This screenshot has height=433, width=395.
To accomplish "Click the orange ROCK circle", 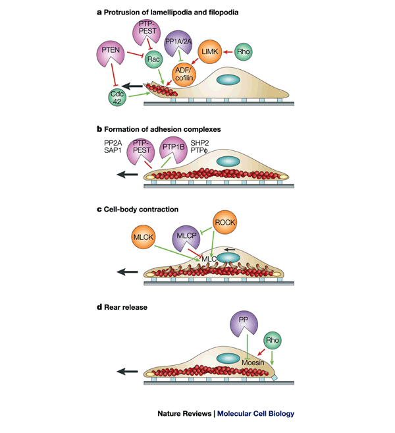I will point(225,223).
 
